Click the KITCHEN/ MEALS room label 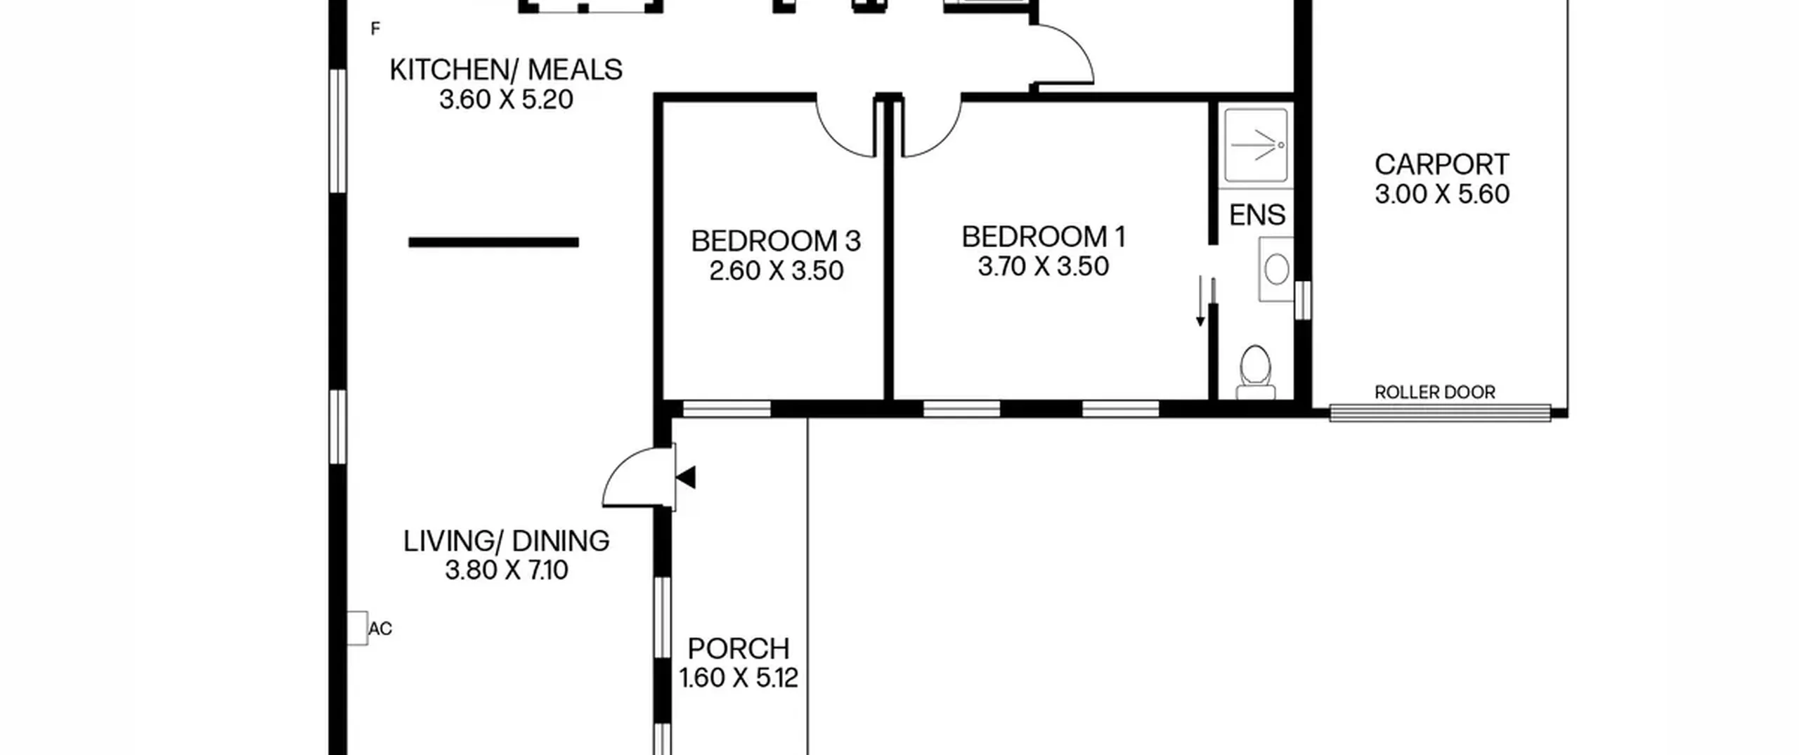click(x=506, y=70)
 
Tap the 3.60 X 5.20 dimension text click(x=506, y=100)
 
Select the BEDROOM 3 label click(x=776, y=242)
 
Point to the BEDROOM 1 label click(x=1044, y=237)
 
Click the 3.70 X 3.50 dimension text click(x=1044, y=267)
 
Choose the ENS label click(x=1257, y=215)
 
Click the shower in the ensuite click(x=1256, y=145)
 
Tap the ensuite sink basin click(x=1275, y=269)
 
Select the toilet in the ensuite click(x=1256, y=372)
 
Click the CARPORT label click(x=1442, y=165)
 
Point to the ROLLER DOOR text click(x=1435, y=393)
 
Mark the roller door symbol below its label click(x=1440, y=413)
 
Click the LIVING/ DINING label click(x=506, y=541)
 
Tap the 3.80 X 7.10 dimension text click(x=506, y=570)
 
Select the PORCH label click(x=739, y=649)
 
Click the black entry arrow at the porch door click(x=686, y=478)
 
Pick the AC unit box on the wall click(x=357, y=629)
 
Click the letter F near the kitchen click(x=375, y=29)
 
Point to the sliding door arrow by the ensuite click(x=1200, y=301)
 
